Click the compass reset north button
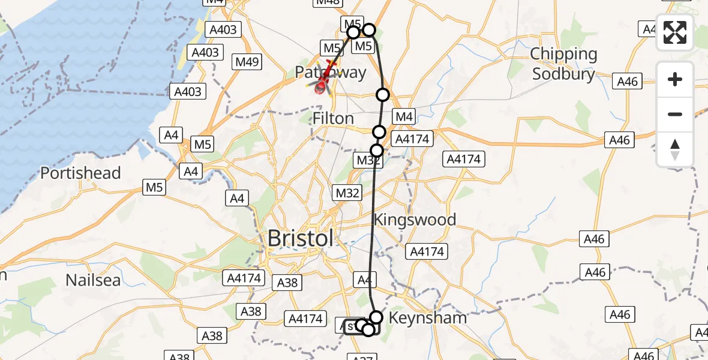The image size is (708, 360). point(675,149)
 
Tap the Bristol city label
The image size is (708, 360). point(300,238)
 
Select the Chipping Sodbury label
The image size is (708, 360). point(564,64)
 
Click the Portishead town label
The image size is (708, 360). point(80,173)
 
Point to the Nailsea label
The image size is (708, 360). point(93,280)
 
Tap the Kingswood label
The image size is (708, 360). point(415,220)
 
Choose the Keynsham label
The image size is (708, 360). point(428,317)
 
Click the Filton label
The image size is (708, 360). point(333,118)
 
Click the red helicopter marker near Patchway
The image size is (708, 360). point(323,84)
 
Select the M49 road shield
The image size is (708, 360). point(247,61)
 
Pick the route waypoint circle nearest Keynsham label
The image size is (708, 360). point(376,317)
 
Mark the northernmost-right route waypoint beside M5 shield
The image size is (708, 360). point(369,30)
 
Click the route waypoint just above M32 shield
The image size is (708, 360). point(377,150)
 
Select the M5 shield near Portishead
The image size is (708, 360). point(154,188)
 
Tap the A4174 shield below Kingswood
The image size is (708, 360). point(425,251)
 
